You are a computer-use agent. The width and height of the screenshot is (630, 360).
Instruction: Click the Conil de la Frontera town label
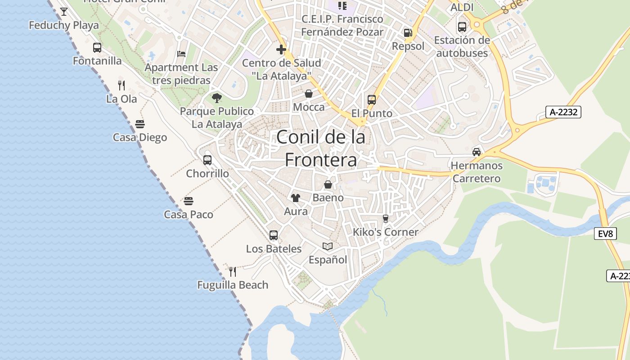321,148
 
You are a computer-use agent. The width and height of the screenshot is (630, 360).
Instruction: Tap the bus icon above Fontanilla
97,47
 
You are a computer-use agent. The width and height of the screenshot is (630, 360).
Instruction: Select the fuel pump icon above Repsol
408,32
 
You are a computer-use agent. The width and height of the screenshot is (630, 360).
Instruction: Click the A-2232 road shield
563,112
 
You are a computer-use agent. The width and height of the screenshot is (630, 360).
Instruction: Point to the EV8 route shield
605,234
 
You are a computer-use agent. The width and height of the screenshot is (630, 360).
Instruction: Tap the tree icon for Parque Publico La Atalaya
217,98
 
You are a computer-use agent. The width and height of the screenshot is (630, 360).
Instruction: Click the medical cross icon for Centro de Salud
281,49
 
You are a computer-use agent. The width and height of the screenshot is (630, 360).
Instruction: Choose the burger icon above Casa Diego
140,124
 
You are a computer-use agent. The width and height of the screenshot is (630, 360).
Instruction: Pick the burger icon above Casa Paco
189,201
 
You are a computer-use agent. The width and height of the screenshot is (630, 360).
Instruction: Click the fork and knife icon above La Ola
121,85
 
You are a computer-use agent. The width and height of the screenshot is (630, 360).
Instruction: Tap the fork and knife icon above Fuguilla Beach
233,271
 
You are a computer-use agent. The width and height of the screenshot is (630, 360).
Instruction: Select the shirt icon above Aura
296,198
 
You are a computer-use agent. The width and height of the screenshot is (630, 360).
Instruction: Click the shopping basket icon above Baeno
328,184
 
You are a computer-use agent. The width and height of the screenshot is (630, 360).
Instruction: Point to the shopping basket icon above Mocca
309,94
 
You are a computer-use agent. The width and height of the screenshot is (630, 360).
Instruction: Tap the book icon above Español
328,246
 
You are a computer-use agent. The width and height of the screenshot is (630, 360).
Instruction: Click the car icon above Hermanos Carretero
477,152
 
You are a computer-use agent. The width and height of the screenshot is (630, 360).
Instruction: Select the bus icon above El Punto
372,99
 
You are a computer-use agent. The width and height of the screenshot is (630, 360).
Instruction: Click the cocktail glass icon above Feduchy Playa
64,11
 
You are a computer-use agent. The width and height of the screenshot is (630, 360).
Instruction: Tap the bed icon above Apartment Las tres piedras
181,54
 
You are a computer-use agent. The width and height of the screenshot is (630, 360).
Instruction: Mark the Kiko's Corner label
386,232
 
